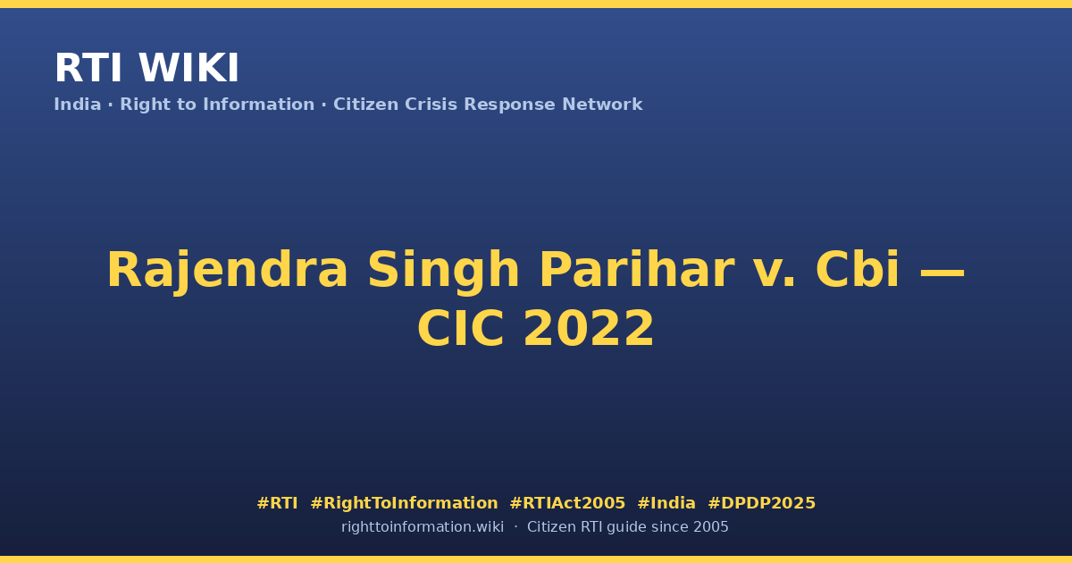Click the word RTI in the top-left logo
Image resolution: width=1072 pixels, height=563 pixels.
(x=88, y=68)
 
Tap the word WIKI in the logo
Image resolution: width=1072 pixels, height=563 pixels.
(x=189, y=68)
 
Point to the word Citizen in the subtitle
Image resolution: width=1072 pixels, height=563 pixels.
(x=365, y=105)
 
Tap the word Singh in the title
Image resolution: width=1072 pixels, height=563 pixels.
(x=443, y=271)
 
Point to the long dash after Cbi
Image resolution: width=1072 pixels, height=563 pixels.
(x=942, y=273)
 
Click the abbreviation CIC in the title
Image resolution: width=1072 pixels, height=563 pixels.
(x=461, y=329)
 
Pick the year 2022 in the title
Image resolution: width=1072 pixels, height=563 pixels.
(x=589, y=329)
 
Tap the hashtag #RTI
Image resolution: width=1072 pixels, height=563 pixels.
(x=277, y=503)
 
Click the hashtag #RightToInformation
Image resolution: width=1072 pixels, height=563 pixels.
(x=404, y=503)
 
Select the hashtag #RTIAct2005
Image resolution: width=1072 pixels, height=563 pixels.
(x=567, y=503)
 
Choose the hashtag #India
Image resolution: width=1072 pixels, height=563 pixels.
(x=666, y=503)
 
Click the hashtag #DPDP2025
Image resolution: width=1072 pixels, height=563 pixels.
(x=761, y=503)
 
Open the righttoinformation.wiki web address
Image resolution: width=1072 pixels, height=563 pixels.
(x=423, y=527)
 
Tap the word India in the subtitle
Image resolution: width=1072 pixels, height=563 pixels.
(x=78, y=105)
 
